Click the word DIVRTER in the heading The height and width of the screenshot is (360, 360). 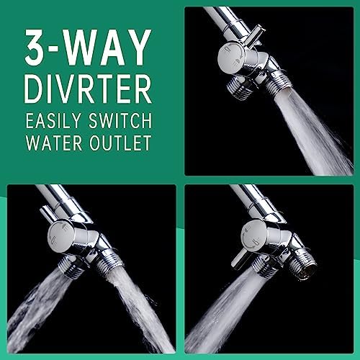(x=88, y=89)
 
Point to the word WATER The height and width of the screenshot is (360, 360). (x=54, y=143)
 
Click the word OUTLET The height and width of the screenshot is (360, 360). (x=120, y=143)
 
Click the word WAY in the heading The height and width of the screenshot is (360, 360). (x=107, y=47)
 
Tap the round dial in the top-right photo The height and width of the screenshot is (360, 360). (x=230, y=58)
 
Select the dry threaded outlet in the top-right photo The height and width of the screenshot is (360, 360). (x=237, y=88)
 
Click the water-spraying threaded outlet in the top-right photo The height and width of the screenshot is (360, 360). (x=280, y=81)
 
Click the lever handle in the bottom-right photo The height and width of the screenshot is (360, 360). (x=240, y=258)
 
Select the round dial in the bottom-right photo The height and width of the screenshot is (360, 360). (x=253, y=236)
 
